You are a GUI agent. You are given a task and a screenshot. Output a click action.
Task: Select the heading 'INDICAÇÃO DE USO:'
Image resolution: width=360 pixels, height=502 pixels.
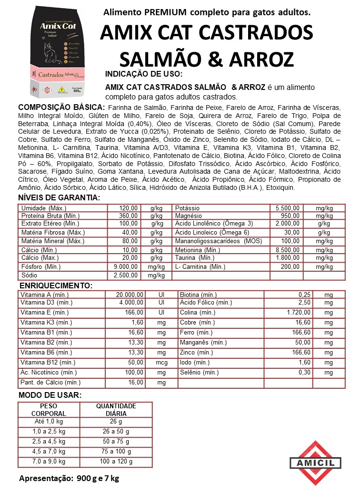coord(143,74)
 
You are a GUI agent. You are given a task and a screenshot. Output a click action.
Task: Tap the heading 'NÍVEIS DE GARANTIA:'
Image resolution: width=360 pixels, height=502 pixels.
coord(59,198)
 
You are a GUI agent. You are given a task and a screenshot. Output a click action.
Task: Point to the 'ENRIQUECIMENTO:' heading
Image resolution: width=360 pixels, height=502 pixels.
coord(56,285)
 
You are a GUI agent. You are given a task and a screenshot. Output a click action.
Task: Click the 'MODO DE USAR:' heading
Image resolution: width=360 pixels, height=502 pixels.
coord(50,395)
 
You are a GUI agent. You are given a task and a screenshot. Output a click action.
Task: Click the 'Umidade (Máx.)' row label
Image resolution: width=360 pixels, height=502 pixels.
coord(44,208)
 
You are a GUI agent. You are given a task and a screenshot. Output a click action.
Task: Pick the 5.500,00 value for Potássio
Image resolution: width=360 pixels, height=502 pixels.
coord(288,208)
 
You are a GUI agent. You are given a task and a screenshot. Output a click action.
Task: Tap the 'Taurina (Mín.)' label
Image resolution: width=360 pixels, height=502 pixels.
coord(195,258)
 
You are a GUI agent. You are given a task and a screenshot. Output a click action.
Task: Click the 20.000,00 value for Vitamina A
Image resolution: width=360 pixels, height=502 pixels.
coord(130,295)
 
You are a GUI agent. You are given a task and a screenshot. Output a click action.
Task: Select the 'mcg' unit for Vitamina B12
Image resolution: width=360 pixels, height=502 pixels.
coord(161,363)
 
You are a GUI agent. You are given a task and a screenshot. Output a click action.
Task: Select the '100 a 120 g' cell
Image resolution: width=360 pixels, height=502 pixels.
coord(116,462)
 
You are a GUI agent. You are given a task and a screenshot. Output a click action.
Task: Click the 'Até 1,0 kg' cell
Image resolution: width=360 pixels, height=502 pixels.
coord(49,422)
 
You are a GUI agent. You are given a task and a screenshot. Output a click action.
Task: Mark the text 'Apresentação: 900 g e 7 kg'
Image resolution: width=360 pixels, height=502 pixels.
coord(69,478)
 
